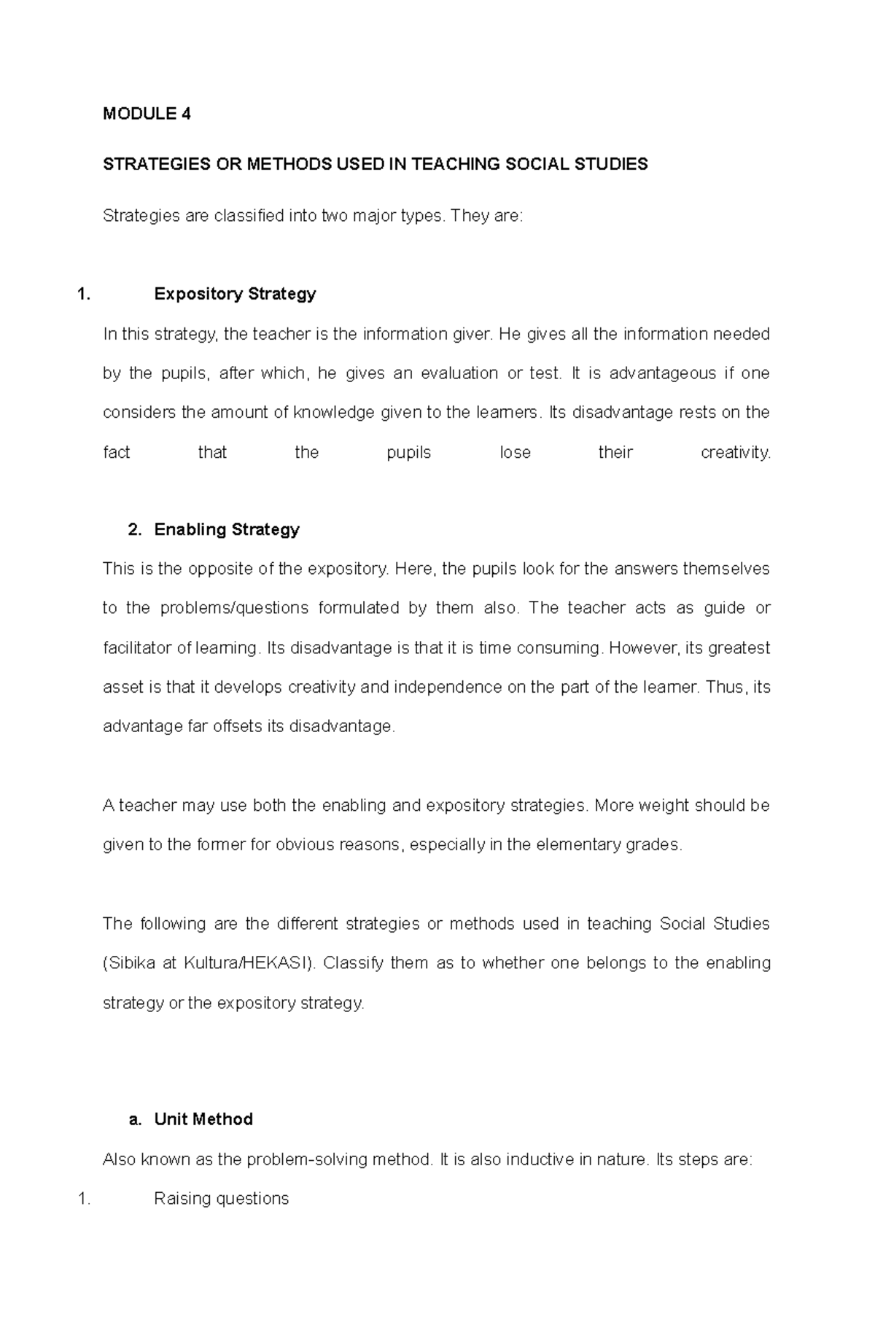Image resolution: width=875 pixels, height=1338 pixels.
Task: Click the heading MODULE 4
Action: pyautogui.click(x=147, y=114)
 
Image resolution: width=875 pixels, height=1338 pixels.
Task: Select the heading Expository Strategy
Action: pyautogui.click(x=235, y=295)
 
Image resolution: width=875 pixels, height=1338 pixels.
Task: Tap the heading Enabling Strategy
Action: pyautogui.click(x=227, y=530)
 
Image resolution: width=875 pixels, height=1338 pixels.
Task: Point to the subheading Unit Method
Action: pyautogui.click(x=203, y=1120)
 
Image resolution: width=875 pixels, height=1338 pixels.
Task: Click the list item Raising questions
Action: pyautogui.click(x=221, y=1199)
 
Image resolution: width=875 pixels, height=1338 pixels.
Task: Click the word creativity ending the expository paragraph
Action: pyautogui.click(x=734, y=453)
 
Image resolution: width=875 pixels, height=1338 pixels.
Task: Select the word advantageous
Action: pyautogui.click(x=662, y=374)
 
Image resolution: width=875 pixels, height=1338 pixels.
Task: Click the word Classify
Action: pyautogui.click(x=352, y=964)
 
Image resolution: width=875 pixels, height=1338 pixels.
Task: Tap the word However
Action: pyautogui.click(x=643, y=648)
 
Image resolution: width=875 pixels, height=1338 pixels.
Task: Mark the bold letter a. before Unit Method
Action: pyautogui.click(x=134, y=1120)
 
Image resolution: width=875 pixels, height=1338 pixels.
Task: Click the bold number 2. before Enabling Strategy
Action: pyautogui.click(x=134, y=530)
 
